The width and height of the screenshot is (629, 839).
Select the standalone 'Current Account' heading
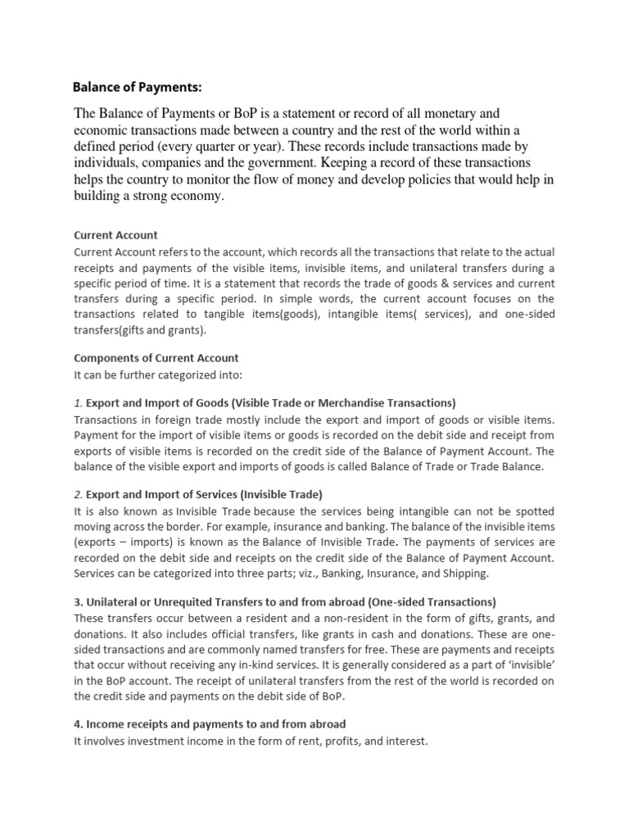pyautogui.click(x=115, y=235)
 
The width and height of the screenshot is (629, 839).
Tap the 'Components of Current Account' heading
pyautogui.click(x=156, y=358)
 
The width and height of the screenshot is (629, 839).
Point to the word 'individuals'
pyautogui.click(x=111, y=162)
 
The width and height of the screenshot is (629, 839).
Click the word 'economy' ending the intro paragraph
pyautogui.click(x=193, y=196)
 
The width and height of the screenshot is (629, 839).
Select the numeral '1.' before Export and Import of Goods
pyautogui.click(x=79, y=402)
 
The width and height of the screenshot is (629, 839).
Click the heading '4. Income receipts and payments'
pyautogui.click(x=210, y=723)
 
